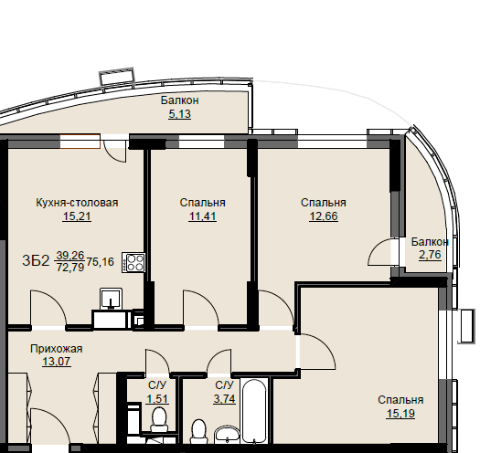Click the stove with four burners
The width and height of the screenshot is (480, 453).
click(x=133, y=263)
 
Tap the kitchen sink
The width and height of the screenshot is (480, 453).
click(x=111, y=298)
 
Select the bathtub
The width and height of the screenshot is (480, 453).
click(x=254, y=411)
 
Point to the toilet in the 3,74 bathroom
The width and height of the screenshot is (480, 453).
click(x=198, y=431)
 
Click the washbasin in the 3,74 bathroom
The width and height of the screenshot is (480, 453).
click(x=228, y=435)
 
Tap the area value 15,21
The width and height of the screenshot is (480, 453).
click(x=77, y=216)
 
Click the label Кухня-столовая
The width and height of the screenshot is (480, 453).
click(x=77, y=203)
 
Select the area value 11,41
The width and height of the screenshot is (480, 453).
click(x=202, y=216)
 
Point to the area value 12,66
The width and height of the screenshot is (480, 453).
click(x=324, y=216)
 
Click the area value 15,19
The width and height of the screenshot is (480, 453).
click(x=400, y=414)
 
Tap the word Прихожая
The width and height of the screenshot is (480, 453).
click(x=57, y=349)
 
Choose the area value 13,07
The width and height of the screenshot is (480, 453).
click(x=57, y=362)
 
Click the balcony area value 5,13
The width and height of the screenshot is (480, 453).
click(x=180, y=114)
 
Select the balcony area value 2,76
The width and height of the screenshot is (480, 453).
click(x=430, y=255)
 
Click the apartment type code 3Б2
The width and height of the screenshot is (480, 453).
click(x=36, y=261)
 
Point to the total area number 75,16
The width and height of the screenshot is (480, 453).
click(x=100, y=262)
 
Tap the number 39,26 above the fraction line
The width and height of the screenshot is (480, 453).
click(x=70, y=255)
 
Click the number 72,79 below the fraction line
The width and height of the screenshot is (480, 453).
click(x=70, y=268)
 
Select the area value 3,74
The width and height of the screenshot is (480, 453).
click(x=224, y=399)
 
